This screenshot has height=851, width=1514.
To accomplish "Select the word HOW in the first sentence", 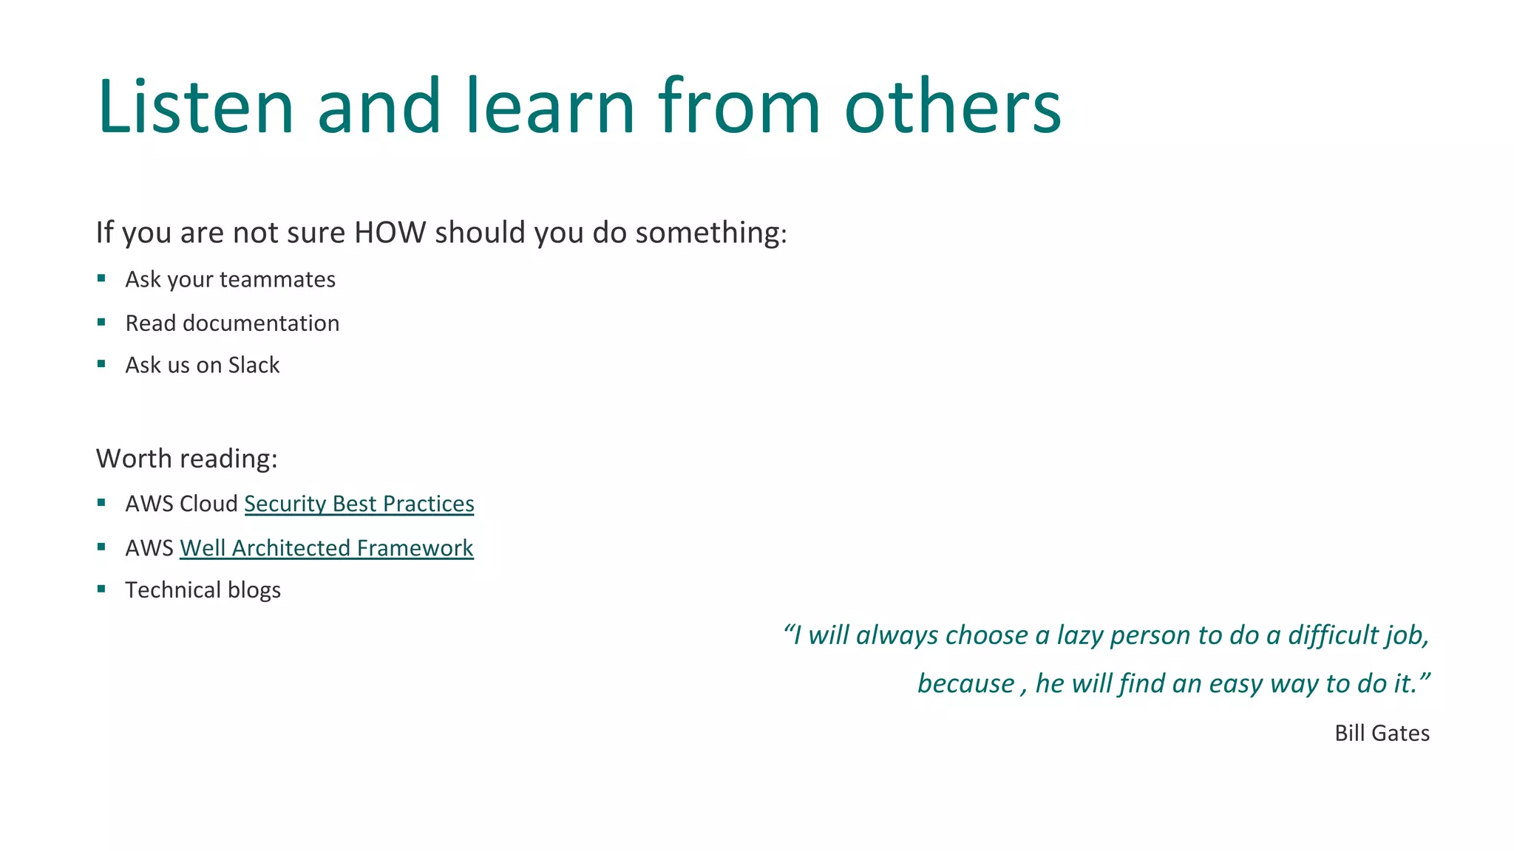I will pyautogui.click(x=390, y=233).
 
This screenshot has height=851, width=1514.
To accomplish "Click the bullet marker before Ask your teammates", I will pyautogui.click(x=101, y=278).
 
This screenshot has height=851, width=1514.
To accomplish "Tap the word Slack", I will pyautogui.click(x=254, y=366).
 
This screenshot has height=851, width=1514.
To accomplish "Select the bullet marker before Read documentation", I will pyautogui.click(x=101, y=322).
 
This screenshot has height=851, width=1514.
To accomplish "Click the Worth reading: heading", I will pyautogui.click(x=186, y=459).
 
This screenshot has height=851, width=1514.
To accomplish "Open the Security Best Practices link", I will pyautogui.click(x=359, y=504).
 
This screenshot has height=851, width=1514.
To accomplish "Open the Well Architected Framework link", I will pyautogui.click(x=326, y=548).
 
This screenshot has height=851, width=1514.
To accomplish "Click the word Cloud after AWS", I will pyautogui.click(x=208, y=504).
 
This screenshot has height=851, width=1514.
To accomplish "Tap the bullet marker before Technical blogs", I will pyautogui.click(x=101, y=589).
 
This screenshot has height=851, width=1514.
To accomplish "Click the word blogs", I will pyautogui.click(x=254, y=591).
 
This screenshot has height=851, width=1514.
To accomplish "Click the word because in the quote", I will pyautogui.click(x=965, y=684).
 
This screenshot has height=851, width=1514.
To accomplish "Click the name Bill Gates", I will pyautogui.click(x=1382, y=734).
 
